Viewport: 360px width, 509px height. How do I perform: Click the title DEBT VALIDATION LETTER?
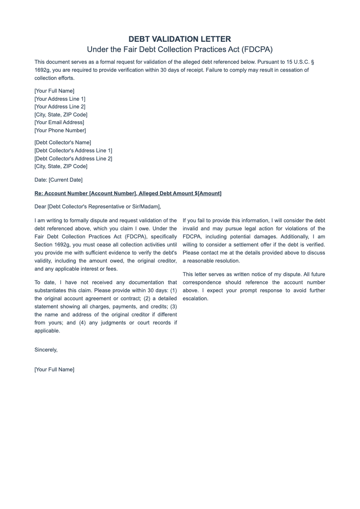tap(180, 39)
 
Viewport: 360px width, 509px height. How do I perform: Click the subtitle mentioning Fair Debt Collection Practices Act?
tap(180, 49)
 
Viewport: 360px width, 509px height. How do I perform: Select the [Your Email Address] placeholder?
tap(59, 122)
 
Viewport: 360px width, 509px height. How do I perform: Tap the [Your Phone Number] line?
tap(60, 130)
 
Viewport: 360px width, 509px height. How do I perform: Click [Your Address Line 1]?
tap(60, 99)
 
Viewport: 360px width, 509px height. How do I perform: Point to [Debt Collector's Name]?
tap(63, 142)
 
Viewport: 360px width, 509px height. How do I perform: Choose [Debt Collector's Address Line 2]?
tap(73, 159)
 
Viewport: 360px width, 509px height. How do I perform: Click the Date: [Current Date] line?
tap(58, 180)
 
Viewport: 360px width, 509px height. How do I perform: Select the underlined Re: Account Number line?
tap(128, 193)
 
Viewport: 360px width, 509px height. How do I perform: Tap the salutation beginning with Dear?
tap(98, 207)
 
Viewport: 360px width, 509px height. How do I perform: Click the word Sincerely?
tap(46, 350)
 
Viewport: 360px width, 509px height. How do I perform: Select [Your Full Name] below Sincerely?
tap(54, 370)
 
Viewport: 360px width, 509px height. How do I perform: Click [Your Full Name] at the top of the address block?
tap(54, 91)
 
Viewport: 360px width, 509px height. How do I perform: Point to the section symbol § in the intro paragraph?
tap(312, 62)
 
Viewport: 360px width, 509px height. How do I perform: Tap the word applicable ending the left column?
tap(47, 331)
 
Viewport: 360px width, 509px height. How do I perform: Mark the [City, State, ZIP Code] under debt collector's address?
tap(61, 166)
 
